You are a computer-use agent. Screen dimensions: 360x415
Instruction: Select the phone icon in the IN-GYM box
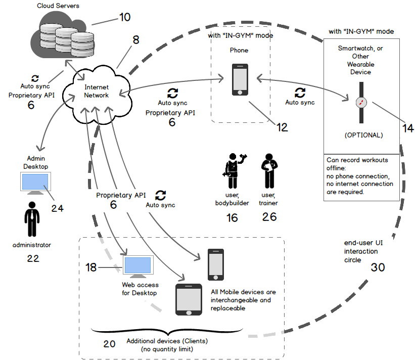point(240,79)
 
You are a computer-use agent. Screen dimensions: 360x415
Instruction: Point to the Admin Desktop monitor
point(34,183)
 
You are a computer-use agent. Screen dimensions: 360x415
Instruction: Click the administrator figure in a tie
point(32,220)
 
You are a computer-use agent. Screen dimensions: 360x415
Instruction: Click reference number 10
point(124,17)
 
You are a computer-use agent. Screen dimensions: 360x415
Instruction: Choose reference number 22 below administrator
point(32,258)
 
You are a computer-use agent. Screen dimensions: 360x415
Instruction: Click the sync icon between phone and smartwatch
point(300,93)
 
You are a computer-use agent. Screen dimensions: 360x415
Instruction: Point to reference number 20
point(110,344)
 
